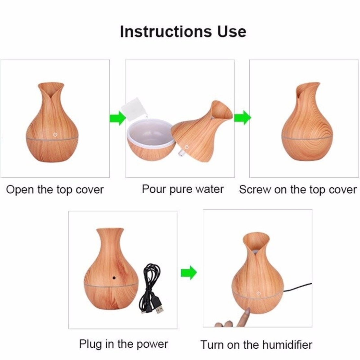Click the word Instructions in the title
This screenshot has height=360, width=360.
pos(166,32)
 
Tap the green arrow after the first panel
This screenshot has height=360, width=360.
pos(118,118)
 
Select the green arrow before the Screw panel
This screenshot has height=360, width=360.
pos(243,118)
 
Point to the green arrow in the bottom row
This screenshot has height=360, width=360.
pos(189,272)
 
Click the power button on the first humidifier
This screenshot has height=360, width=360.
pos(55,135)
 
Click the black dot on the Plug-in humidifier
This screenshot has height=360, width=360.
pos(114,278)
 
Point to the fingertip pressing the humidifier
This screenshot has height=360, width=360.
pos(247,310)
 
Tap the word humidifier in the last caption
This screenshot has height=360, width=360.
pos(287,345)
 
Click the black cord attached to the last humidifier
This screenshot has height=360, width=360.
pos(298,287)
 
